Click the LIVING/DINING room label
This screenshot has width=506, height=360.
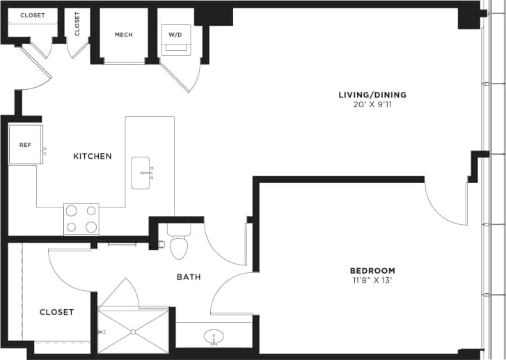[x=372, y=95]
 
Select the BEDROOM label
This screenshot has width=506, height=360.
[x=372, y=270]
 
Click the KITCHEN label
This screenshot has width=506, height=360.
[x=93, y=156]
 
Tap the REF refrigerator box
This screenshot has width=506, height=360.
[x=25, y=145]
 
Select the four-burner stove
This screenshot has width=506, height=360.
[x=81, y=219]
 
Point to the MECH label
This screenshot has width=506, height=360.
[x=124, y=35]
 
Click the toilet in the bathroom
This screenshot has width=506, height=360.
[x=179, y=244]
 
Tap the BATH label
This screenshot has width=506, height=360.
[x=188, y=276]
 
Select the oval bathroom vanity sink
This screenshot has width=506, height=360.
[x=214, y=338]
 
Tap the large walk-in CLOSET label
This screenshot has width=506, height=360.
[x=56, y=312]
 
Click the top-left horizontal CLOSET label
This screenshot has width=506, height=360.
[x=33, y=15]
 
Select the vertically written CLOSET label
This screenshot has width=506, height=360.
[x=77, y=24]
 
